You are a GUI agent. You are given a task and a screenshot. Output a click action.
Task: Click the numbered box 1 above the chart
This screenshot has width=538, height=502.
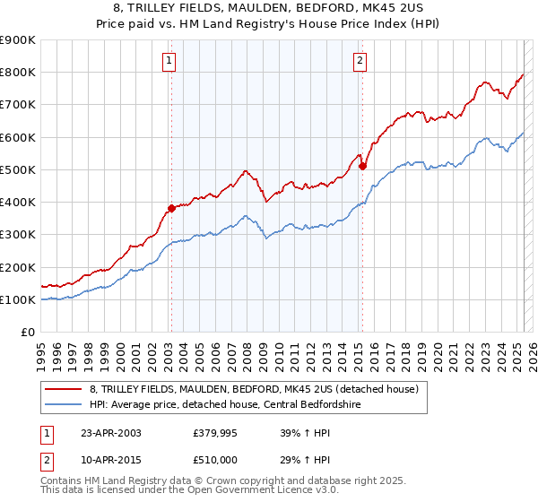(169, 61)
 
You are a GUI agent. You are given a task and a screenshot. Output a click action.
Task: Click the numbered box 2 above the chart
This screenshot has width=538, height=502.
(360, 61)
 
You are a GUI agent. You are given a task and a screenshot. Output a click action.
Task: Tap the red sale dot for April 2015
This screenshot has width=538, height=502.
(362, 166)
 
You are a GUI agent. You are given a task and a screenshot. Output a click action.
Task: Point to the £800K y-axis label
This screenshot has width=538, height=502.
(18, 73)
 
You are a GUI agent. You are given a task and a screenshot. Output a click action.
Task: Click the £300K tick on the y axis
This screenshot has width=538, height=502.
(18, 235)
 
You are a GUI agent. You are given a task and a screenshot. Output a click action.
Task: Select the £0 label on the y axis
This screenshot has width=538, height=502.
(28, 333)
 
